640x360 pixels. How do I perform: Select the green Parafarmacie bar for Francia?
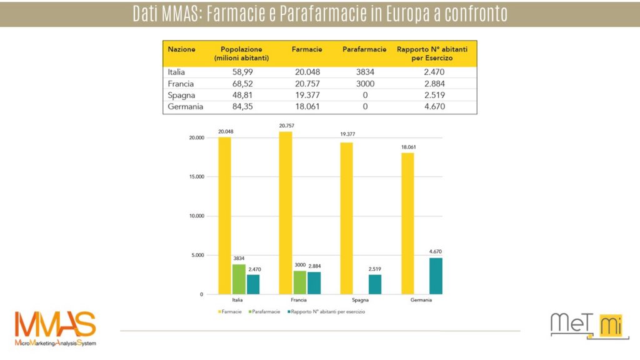[x=300, y=282]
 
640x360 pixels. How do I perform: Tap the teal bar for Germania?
[x=436, y=276]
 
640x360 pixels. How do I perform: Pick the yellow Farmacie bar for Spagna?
[x=346, y=218]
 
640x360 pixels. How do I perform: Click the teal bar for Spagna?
[x=375, y=284]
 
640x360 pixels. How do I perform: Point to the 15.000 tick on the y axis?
[x=196, y=177]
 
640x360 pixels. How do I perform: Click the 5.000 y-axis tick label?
[x=197, y=255]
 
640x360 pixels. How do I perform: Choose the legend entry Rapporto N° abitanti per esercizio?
[x=326, y=311]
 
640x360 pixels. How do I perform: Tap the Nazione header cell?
[x=182, y=49]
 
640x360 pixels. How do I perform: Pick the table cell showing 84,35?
[x=241, y=107]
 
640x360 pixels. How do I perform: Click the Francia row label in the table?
[x=181, y=84]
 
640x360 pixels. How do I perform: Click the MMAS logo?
[x=56, y=328]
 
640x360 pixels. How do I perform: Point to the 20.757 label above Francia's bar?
[x=285, y=126]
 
